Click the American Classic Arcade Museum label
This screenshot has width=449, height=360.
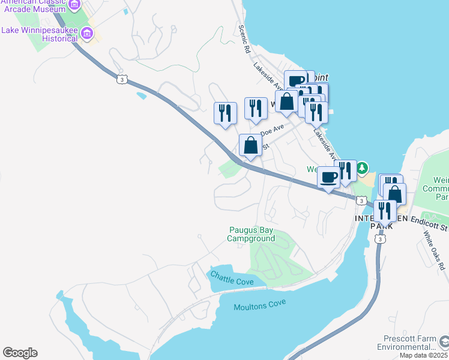tap(33, 7)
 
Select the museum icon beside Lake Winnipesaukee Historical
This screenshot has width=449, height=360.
tap(88, 33)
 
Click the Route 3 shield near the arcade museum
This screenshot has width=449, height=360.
tap(122, 79)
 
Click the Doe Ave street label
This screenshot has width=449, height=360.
tap(273, 129)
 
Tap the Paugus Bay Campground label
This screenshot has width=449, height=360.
tap(252, 234)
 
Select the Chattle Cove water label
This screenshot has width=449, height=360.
tap(231, 278)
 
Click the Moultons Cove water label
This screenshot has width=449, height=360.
tap(259, 306)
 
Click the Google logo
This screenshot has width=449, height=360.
tap(20, 353)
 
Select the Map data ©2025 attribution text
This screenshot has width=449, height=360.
tap(423, 355)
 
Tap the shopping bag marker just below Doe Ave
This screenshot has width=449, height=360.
tap(250, 145)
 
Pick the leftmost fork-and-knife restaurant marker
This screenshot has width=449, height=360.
tap(225, 113)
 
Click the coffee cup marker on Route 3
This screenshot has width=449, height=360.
tap(328, 178)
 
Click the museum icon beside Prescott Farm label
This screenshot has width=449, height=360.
tap(444, 342)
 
